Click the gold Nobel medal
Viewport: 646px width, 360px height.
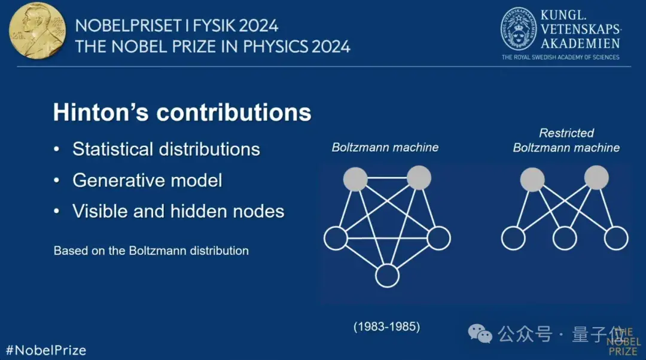(37, 30)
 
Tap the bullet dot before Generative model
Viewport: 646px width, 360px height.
(57, 181)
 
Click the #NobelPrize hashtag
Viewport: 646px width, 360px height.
(45, 350)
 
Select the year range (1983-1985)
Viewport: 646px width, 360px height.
(387, 327)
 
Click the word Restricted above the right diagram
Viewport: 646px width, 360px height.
(566, 133)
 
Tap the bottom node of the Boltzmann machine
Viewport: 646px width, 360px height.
(387, 276)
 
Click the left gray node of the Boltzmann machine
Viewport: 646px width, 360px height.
(355, 179)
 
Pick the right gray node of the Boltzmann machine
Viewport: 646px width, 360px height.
(419, 178)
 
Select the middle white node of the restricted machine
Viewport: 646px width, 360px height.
(565, 238)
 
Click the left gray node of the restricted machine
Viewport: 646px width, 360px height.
(532, 179)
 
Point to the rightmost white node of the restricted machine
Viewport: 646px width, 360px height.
(616, 238)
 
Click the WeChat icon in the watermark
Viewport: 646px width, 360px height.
(480, 334)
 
